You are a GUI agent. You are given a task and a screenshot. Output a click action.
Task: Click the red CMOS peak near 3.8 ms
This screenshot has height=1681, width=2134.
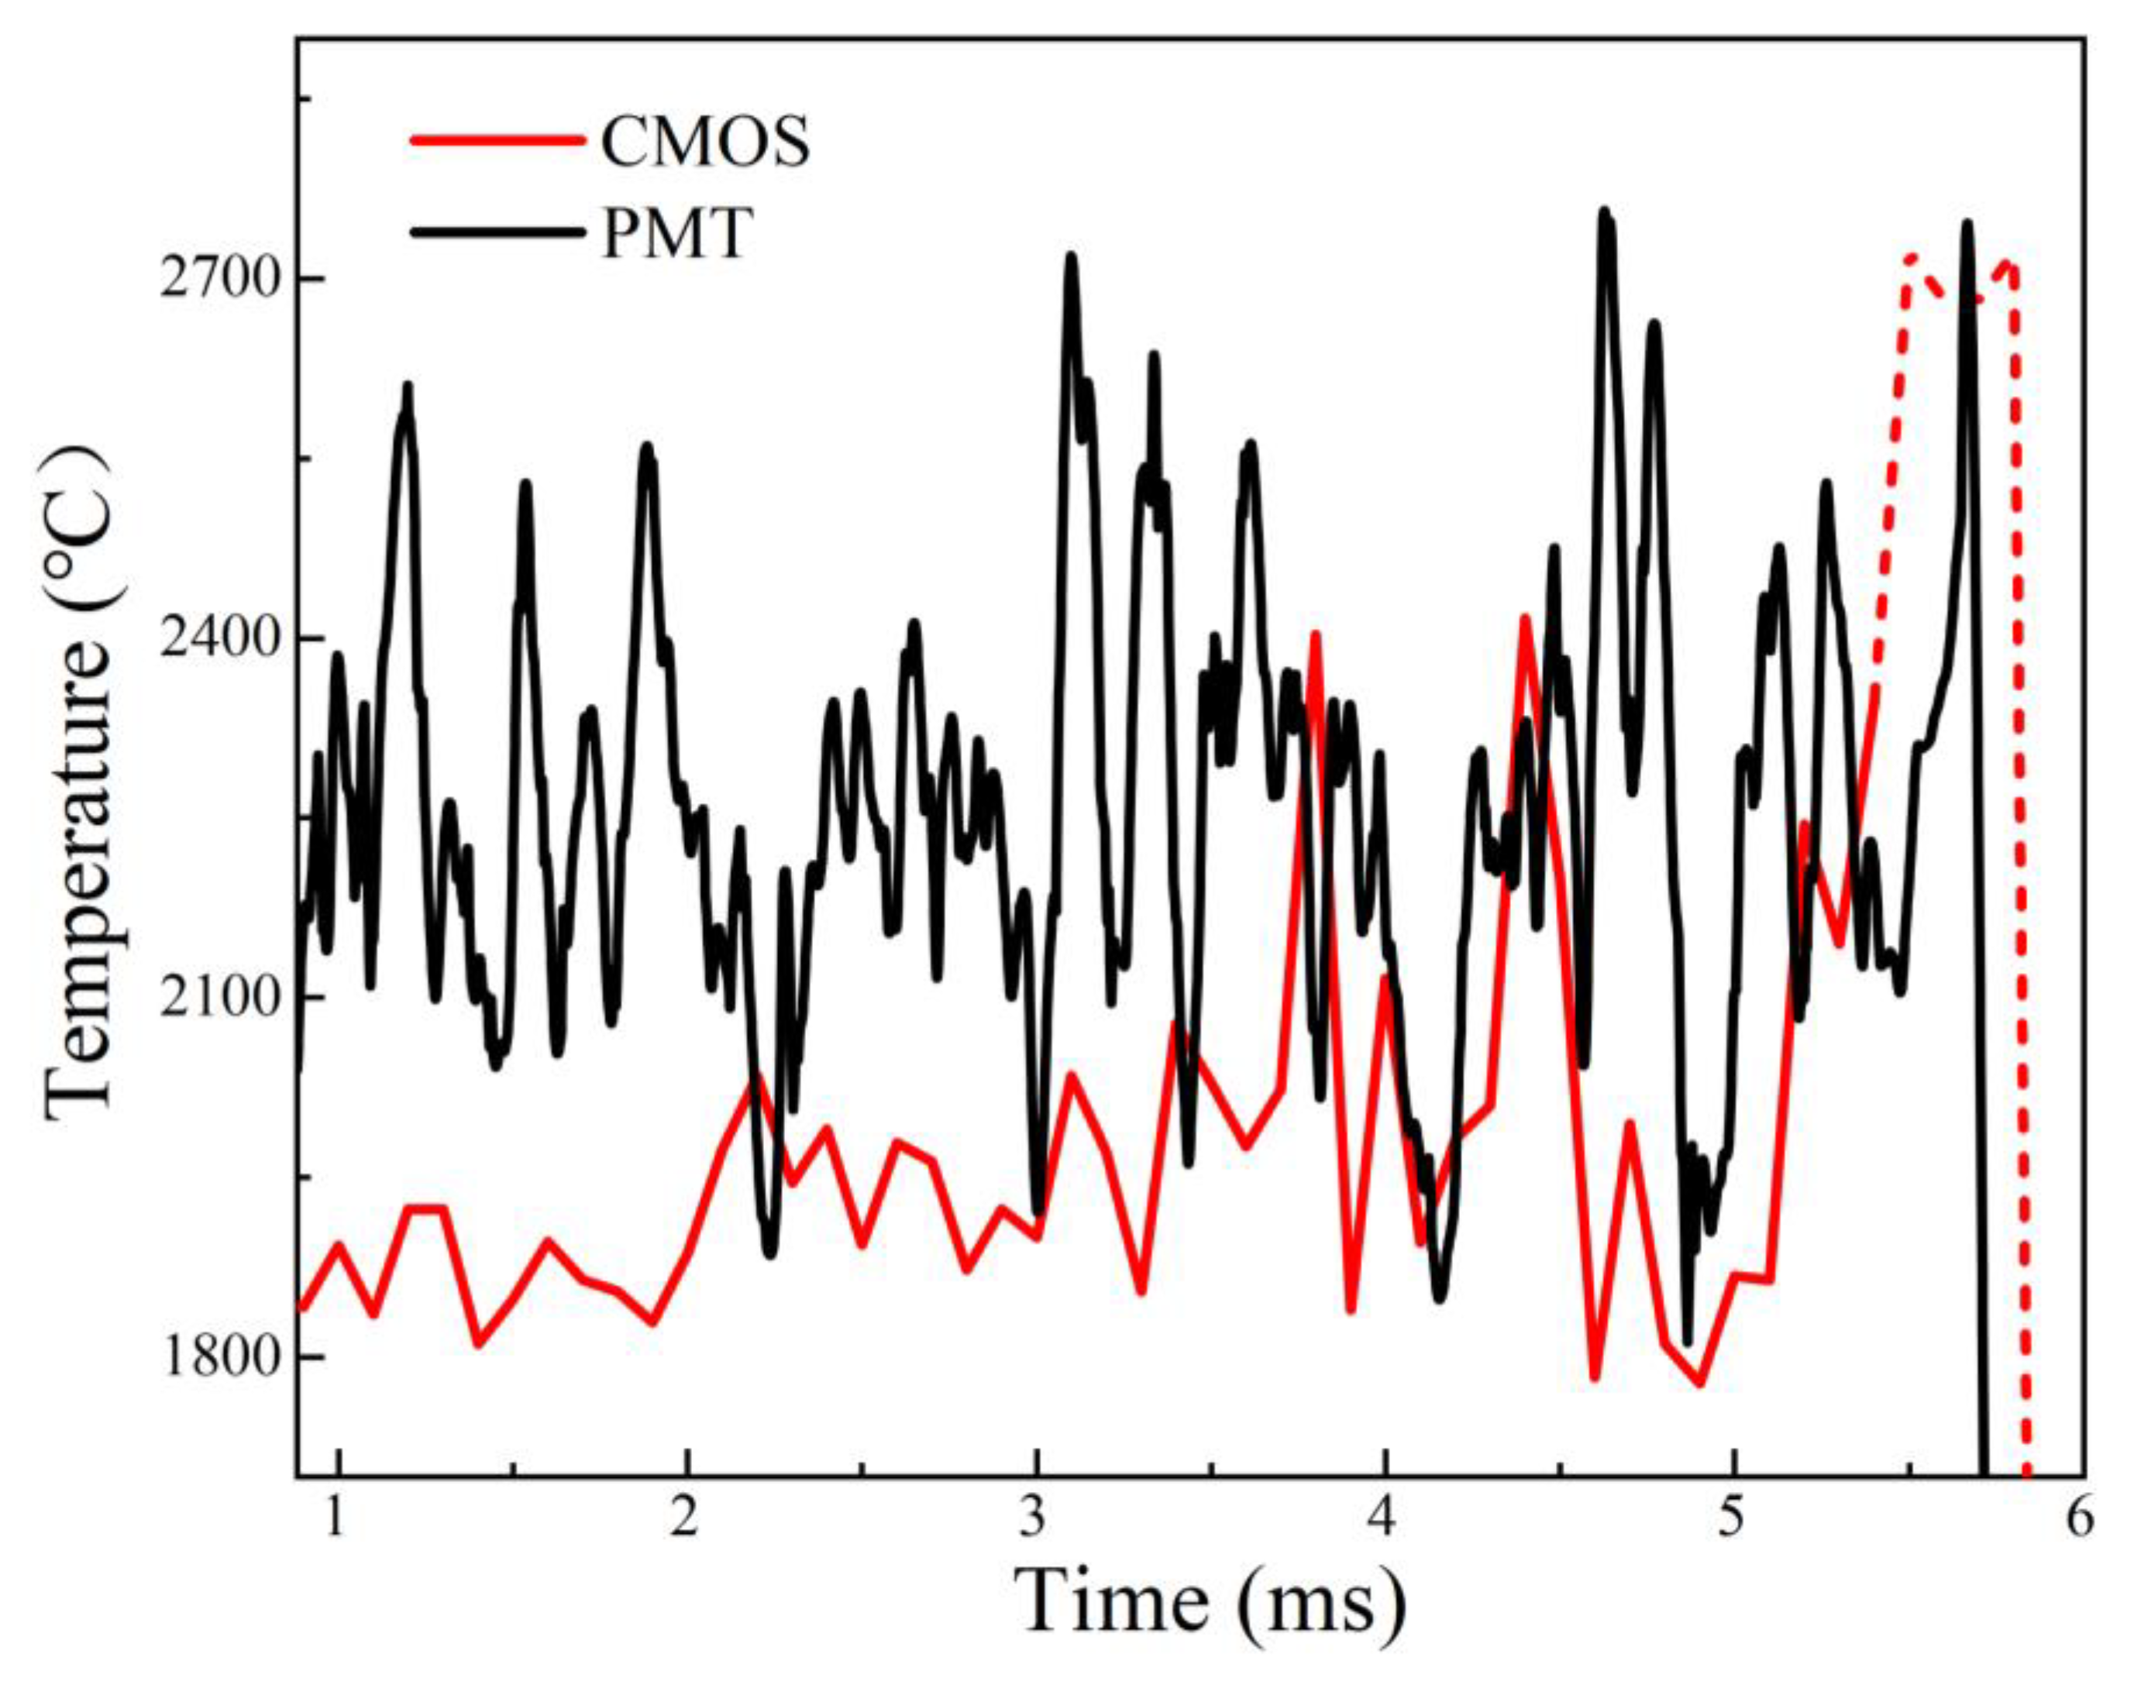(1314, 634)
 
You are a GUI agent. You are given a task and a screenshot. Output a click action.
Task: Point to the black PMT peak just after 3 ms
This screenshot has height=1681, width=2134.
(1071, 256)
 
